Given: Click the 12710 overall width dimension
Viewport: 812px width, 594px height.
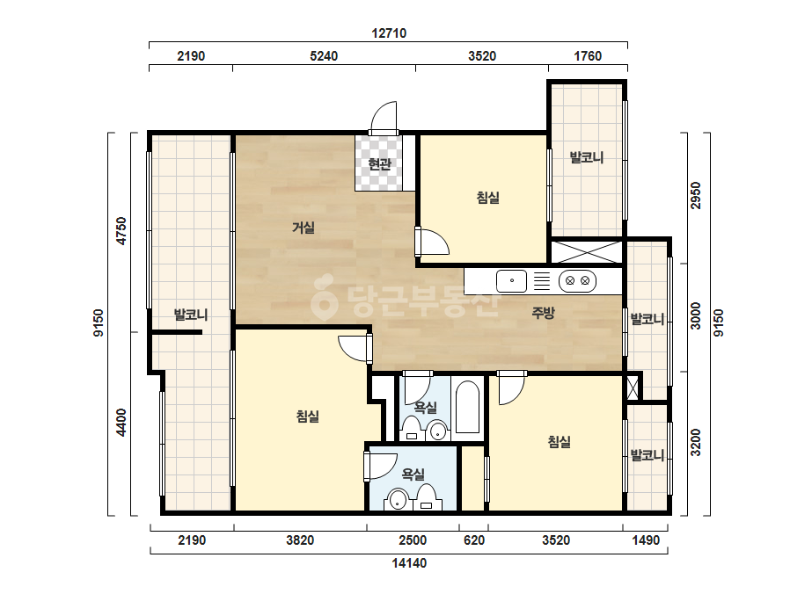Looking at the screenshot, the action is click(389, 33).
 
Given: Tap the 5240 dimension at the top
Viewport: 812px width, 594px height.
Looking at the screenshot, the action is click(324, 56).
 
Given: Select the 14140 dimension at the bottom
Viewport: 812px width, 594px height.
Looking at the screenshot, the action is click(409, 563).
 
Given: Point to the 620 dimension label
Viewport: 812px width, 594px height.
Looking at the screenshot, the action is click(474, 540).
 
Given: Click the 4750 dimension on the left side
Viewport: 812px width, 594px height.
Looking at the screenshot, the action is click(121, 231).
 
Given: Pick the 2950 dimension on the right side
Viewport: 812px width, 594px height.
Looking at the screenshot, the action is click(696, 196).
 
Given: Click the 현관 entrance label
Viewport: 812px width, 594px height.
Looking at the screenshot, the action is click(379, 164).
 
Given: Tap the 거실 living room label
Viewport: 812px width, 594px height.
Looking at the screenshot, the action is click(304, 228).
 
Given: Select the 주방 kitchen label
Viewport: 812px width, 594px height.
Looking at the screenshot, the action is click(543, 312).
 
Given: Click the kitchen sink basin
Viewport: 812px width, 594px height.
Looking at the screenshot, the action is click(512, 281).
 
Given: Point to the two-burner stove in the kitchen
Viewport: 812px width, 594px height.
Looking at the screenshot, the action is click(577, 281).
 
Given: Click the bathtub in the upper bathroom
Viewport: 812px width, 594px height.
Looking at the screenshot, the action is click(468, 407).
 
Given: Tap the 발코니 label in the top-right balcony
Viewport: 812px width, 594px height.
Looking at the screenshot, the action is click(587, 157).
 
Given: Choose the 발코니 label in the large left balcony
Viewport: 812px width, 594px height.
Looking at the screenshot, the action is click(191, 314).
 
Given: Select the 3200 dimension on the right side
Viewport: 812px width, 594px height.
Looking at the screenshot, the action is click(696, 442).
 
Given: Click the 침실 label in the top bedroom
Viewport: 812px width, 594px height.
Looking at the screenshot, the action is click(488, 197).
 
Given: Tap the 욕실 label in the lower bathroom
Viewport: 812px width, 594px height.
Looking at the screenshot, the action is click(413, 474).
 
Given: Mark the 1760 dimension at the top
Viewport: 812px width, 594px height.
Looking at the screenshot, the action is click(588, 56).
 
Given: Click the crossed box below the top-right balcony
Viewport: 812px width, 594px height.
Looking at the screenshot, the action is click(586, 252).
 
